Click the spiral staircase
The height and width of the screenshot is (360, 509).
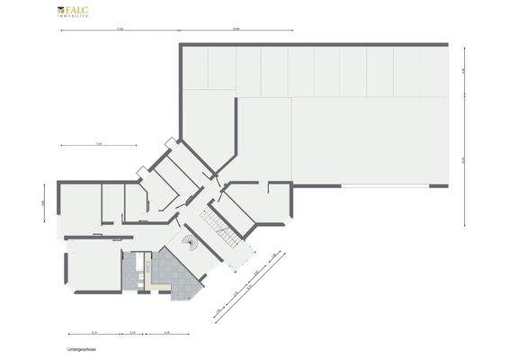click(188, 244)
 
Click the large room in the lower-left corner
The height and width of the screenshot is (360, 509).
click(94, 265)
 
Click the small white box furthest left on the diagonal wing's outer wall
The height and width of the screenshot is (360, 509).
click(141, 171)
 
